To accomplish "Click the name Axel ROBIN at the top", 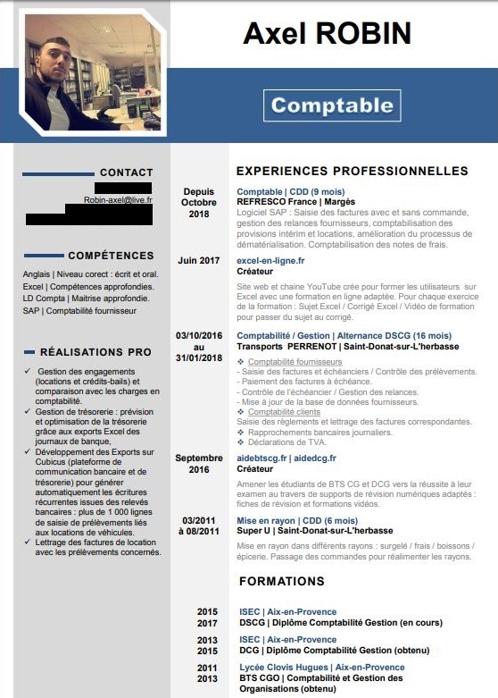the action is click(x=327, y=34).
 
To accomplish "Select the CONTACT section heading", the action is click(x=126, y=172).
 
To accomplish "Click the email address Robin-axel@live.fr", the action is click(x=118, y=200).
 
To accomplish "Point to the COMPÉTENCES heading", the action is click(x=111, y=256).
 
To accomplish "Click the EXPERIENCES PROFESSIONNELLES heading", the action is click(x=352, y=171).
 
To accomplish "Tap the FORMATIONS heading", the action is click(x=282, y=581).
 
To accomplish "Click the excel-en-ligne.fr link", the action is click(x=270, y=260).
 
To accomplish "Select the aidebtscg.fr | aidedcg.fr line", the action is click(x=286, y=458).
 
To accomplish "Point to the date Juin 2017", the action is click(x=198, y=260).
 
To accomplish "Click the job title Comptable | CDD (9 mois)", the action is click(x=290, y=191).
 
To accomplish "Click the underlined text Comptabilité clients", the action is click(x=278, y=412).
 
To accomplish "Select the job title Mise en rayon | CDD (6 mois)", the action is click(x=296, y=519).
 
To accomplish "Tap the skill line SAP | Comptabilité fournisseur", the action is click(x=79, y=311).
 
